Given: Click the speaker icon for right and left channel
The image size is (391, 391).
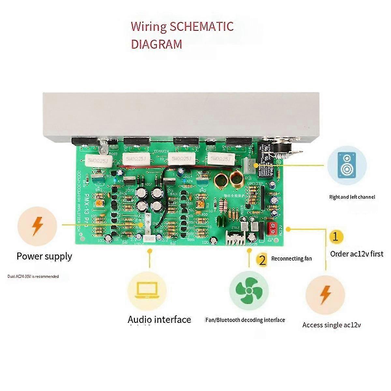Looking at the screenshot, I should point(346,165).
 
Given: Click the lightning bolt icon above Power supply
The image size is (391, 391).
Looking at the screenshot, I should point(37,226).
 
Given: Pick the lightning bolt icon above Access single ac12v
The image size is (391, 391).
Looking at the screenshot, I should point(325,295).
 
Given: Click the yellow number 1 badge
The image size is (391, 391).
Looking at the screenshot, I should point(336,236).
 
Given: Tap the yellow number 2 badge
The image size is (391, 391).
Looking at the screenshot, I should point(262,260).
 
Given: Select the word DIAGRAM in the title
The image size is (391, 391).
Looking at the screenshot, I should point(156,44).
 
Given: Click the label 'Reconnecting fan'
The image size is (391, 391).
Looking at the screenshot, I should point(291,259).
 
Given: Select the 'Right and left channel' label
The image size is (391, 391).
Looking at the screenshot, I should point(352,197).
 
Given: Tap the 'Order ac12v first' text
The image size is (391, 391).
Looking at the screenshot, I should point(356,254).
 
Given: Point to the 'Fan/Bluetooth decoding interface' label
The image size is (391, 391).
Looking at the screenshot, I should point(245,320).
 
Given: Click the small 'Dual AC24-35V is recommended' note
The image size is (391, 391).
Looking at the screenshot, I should point(33,276).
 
